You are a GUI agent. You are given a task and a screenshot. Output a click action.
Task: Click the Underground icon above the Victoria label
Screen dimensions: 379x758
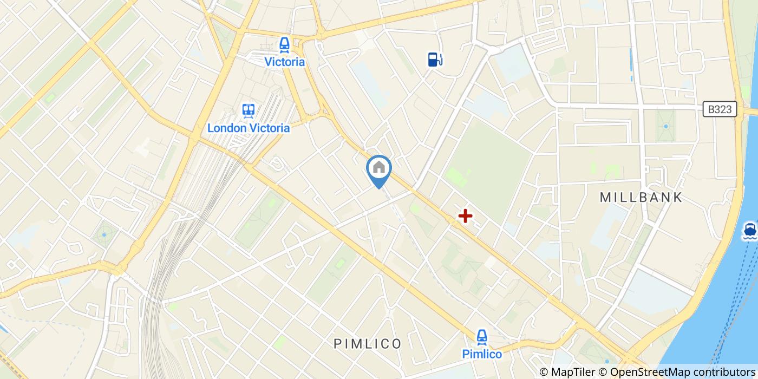coord(284,45)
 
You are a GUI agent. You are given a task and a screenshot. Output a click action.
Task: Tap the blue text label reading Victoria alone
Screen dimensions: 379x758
coord(284,62)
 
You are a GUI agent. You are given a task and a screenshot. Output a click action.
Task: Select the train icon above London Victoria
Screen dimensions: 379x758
coord(249,111)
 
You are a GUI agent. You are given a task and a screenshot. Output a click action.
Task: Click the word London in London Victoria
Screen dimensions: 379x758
coord(227,128)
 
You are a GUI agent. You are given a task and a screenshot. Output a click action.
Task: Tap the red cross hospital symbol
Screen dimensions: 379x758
coord(465,217)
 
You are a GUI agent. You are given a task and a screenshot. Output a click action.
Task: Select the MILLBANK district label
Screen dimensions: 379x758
coord(642,198)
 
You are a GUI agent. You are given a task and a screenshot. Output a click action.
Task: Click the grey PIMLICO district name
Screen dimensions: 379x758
coord(368,344)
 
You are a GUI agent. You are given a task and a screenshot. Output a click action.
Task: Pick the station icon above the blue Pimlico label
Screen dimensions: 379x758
coord(482,337)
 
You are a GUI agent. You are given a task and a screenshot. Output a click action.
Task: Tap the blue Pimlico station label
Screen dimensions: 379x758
coord(482,354)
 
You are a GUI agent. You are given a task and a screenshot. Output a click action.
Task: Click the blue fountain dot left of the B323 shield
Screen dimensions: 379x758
coord(666,127)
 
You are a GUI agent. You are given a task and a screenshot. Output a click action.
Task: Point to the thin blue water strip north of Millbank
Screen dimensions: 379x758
coord(631,65)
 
